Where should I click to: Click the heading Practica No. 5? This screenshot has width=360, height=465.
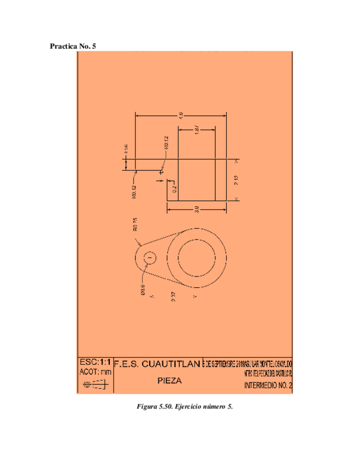pyautogui.click(x=73, y=46)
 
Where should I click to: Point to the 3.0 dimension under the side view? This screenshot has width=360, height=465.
pyautogui.click(x=196, y=209)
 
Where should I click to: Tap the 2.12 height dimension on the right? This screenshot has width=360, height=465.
pyautogui.click(x=236, y=180)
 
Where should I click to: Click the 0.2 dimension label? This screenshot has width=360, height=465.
pyautogui.click(x=174, y=189)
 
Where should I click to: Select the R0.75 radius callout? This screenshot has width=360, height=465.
pyautogui.click(x=134, y=225)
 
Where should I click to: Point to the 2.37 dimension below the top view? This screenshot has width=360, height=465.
pyautogui.click(x=173, y=297)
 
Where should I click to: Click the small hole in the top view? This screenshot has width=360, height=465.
pyautogui.click(x=150, y=257)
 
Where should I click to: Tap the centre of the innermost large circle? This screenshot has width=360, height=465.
pyautogui.click(x=197, y=257)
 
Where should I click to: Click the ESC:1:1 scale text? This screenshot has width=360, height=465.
pyautogui.click(x=95, y=362)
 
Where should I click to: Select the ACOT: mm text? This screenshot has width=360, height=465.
pyautogui.click(x=95, y=372)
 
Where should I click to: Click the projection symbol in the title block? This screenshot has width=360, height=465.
pyautogui.click(x=96, y=385)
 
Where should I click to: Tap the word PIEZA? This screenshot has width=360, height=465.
pyautogui.click(x=170, y=381)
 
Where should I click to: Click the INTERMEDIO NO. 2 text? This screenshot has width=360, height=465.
pyautogui.click(x=268, y=385)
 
